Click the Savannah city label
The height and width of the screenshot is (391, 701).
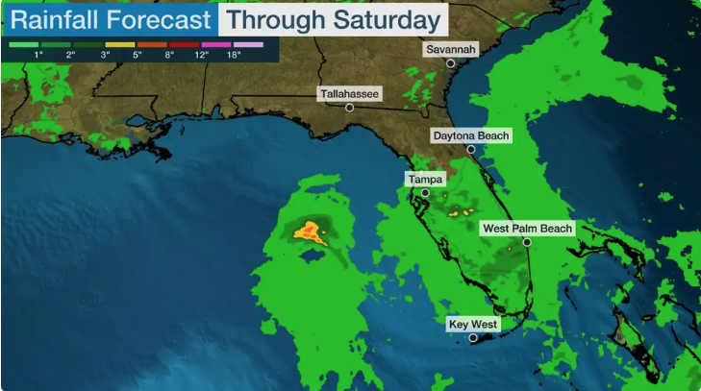[450, 49]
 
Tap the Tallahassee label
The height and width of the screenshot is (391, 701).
[350, 94]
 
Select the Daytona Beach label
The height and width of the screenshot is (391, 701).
[471, 136]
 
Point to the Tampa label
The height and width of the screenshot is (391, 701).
[425, 180]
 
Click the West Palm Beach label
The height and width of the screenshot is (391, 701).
[527, 229]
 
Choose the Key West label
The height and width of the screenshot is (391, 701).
[473, 325]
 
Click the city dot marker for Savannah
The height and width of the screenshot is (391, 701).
[450, 63]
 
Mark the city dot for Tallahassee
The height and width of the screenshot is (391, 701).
[350, 108]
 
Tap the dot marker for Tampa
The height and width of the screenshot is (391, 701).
[425, 193]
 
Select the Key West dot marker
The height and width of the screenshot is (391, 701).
[473, 338]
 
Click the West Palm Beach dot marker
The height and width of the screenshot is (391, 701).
[527, 242]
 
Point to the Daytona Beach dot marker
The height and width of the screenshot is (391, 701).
[471, 150]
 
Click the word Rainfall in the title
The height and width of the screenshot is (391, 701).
[52, 20]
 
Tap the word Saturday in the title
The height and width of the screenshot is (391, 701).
[389, 20]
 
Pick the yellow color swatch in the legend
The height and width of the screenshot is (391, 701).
[120, 44]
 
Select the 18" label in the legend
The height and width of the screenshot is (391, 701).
[234, 56]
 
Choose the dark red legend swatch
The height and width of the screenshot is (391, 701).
[186, 44]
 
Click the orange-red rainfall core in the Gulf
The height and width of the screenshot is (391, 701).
[310, 230]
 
